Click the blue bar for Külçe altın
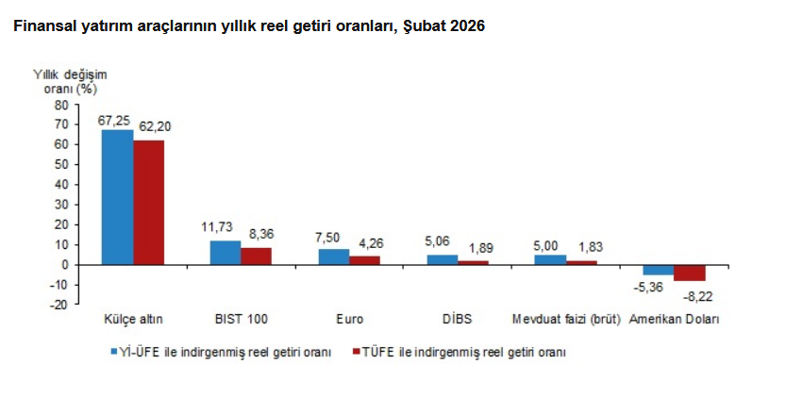coord(117,197)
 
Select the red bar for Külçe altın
coord(148,202)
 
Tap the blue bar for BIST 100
coord(226,253)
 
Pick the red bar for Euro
coord(364,260)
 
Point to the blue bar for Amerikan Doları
coord(658,270)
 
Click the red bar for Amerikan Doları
coord(690,273)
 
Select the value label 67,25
coord(114,120)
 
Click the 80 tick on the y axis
coord(61,105)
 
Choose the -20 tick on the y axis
coord(59,304)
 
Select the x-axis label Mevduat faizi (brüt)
coord(565,319)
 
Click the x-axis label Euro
coord(349,319)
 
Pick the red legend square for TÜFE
coord(357,352)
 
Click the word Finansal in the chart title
coord(41,26)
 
